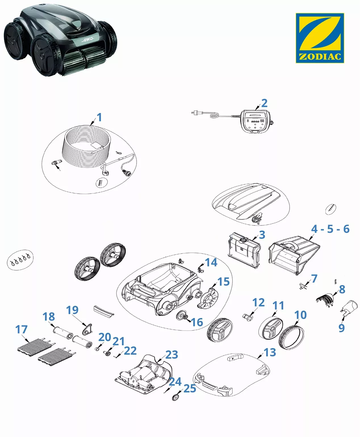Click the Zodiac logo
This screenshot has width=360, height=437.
(x=320, y=38)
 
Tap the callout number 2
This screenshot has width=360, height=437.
(x=264, y=103)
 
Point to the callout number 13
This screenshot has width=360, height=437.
(x=270, y=352)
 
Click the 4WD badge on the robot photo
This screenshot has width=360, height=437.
(x=87, y=39)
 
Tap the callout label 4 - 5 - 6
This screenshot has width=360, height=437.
(x=330, y=229)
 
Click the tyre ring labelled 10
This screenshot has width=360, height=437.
(x=292, y=337)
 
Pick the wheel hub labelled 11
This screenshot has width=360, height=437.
(x=271, y=328)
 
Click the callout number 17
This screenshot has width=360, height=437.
(x=22, y=329)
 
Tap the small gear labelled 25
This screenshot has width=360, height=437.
(x=176, y=397)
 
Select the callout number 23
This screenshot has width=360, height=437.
(x=171, y=355)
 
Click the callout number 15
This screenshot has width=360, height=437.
(x=223, y=282)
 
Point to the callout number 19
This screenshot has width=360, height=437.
(x=72, y=310)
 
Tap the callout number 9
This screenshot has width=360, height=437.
(x=342, y=328)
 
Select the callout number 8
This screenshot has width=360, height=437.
(x=342, y=289)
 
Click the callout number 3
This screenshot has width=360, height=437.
(x=262, y=235)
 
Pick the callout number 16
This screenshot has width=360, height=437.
(x=197, y=322)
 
